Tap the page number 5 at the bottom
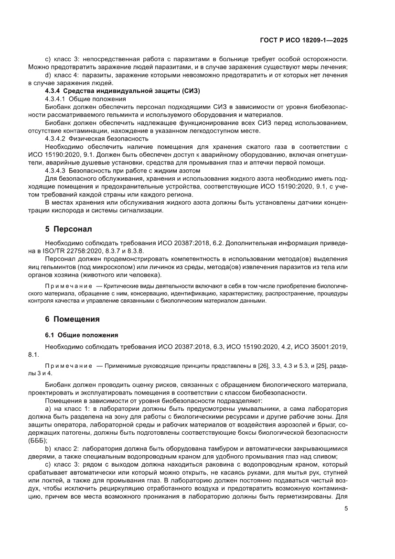[x=345, y=508]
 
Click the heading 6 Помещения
[x=76, y=319]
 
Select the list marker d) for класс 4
[x=48, y=75]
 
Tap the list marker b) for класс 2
[x=48, y=449]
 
